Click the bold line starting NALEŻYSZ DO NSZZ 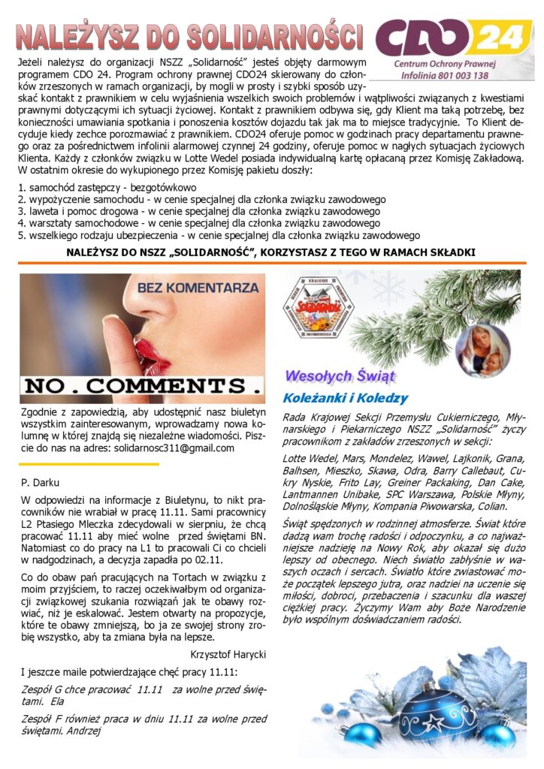[x=270, y=252]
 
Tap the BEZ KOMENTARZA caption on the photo [x=198, y=287]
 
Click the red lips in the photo [x=154, y=352]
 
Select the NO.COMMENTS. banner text [x=143, y=386]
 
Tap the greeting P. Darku [x=40, y=482]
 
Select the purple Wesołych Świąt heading [x=340, y=375]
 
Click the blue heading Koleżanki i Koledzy [x=345, y=397]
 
